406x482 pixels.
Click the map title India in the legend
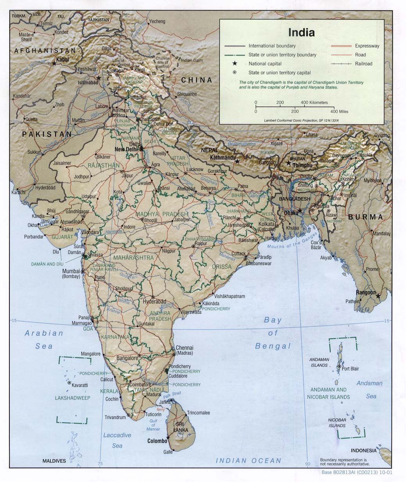(301, 32)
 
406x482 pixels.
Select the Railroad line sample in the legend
(340, 64)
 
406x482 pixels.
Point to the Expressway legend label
(367, 46)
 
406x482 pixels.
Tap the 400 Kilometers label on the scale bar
(314, 103)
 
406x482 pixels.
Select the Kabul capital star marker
(54, 63)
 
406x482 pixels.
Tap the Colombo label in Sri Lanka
(157, 441)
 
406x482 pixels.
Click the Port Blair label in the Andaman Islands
(350, 369)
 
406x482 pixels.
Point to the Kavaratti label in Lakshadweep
(80, 385)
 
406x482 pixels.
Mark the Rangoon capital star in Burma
(378, 296)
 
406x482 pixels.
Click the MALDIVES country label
(54, 461)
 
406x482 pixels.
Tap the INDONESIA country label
(363, 450)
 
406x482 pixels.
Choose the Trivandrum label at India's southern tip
(115, 417)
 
